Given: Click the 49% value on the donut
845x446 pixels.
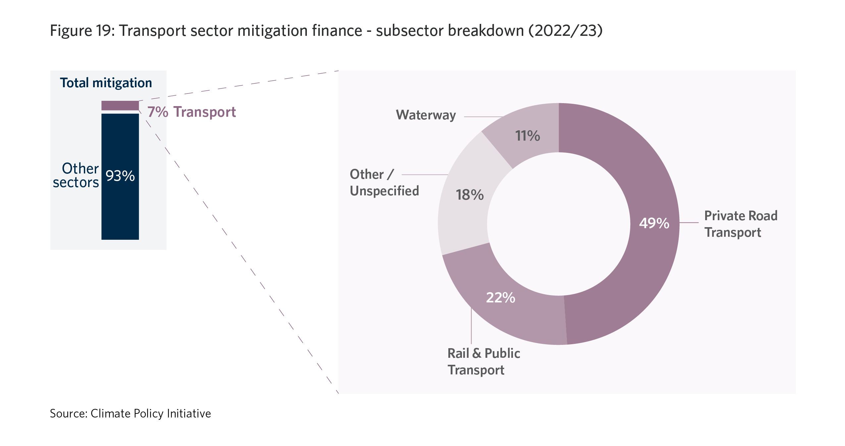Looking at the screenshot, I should tap(654, 223).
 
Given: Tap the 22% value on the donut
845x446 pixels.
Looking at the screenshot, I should tap(500, 297).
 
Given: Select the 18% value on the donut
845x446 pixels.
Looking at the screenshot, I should tap(470, 195).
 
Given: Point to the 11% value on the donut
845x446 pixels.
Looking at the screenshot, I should tap(527, 136).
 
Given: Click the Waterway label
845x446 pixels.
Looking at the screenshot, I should tap(426, 115).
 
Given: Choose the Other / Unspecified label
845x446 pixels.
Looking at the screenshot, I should tap(384, 182).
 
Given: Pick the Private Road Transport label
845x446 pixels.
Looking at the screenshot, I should tap(741, 224).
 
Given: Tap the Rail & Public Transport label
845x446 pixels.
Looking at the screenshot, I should tap(483, 361).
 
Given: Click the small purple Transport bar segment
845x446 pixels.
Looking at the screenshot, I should tap(120, 105).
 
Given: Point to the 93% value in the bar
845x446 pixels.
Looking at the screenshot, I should tap(120, 176).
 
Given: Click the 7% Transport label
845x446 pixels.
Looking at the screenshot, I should tap(192, 112).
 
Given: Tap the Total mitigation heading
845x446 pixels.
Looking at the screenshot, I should tap(106, 83).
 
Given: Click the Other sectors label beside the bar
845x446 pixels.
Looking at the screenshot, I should tap(77, 175).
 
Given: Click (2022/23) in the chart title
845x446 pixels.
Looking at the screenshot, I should tap(565, 31).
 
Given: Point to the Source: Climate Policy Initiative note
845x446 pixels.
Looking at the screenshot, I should tap(130, 414).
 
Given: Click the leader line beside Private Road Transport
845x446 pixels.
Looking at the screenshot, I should tap(689, 223).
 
